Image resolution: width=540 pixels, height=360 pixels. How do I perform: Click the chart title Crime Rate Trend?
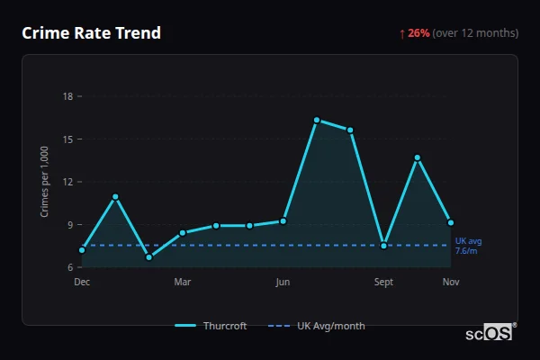(x=91, y=33)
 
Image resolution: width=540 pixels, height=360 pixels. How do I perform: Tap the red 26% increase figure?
(x=418, y=33)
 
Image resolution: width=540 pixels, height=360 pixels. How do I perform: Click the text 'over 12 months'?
(x=476, y=33)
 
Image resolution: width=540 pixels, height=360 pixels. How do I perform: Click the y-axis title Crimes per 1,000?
(x=45, y=182)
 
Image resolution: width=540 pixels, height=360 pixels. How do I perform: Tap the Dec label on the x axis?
(x=82, y=282)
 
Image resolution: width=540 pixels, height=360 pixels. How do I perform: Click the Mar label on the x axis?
(x=183, y=282)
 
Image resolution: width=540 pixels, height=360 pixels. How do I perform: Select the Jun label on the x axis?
(x=283, y=282)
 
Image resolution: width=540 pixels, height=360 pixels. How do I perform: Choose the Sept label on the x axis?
(x=383, y=282)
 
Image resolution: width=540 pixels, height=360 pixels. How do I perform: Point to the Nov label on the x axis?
(x=451, y=282)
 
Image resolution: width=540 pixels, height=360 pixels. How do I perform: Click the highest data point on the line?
(x=317, y=120)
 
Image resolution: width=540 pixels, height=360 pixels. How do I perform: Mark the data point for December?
(x=82, y=249)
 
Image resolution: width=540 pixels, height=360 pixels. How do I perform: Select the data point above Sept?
(x=384, y=246)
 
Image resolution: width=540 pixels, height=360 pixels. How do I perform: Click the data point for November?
(x=451, y=222)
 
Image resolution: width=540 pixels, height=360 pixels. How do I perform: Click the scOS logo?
(x=490, y=333)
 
